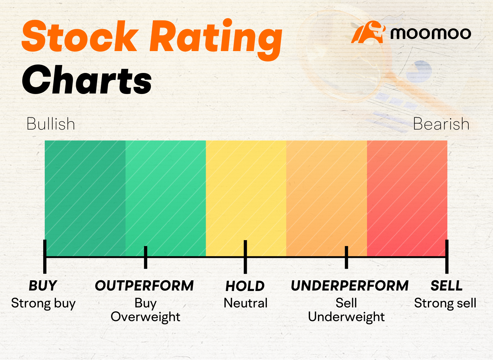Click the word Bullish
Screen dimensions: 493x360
click(51, 123)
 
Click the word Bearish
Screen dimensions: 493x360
click(441, 123)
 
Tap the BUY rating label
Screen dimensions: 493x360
click(43, 286)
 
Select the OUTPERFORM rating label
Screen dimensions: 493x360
click(144, 286)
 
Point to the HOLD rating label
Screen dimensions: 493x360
click(245, 286)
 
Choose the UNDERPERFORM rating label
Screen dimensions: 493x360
click(350, 286)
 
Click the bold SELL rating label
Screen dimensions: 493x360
click(446, 286)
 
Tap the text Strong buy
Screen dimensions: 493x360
click(43, 303)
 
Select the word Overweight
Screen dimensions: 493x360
click(145, 317)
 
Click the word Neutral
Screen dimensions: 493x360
click(245, 303)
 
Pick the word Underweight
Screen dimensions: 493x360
click(346, 317)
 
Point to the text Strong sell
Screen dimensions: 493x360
click(445, 303)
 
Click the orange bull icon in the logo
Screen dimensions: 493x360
click(369, 32)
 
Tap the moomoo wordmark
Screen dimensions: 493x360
click(431, 33)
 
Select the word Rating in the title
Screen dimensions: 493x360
click(216, 39)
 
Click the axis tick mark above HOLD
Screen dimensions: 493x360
click(245, 257)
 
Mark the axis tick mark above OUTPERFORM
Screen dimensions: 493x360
click(145, 257)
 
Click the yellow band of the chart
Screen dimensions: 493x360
click(246, 198)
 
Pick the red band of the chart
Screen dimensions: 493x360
click(407, 198)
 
